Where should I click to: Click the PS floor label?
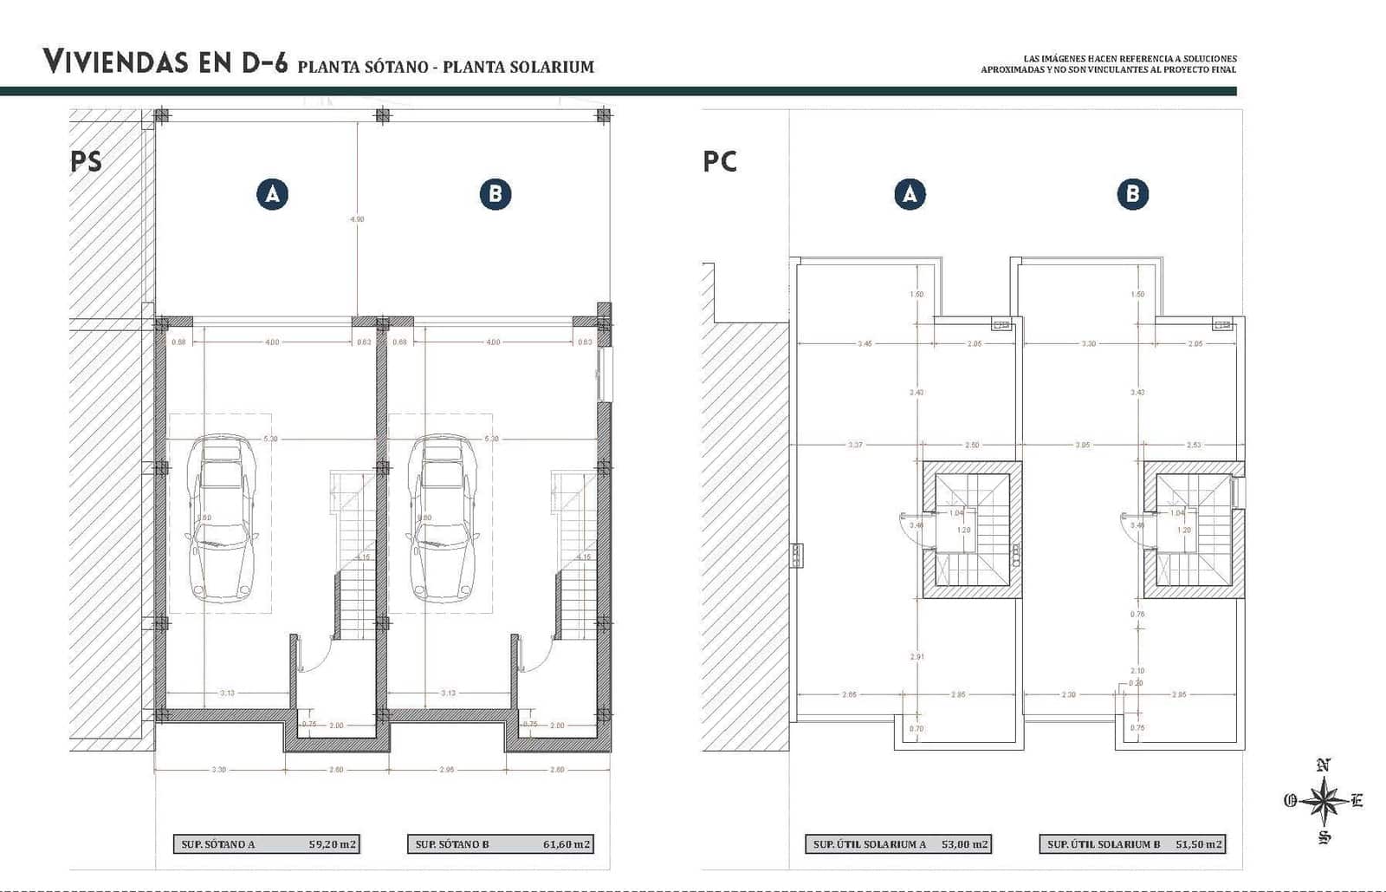tap(86, 161)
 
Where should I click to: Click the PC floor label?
tap(720, 161)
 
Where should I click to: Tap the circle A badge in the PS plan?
tap(272, 194)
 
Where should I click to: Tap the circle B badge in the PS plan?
tap(495, 194)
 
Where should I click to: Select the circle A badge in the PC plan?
tap(910, 194)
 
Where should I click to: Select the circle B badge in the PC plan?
tap(1132, 194)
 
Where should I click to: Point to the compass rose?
tap(1324, 801)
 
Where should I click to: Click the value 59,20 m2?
tap(333, 843)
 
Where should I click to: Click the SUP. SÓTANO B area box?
tap(501, 843)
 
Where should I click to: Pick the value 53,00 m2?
tap(964, 843)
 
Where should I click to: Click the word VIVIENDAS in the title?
tap(115, 62)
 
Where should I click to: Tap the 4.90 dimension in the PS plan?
tap(357, 219)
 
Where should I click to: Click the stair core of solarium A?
tap(971, 530)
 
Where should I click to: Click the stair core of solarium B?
tap(1193, 530)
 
